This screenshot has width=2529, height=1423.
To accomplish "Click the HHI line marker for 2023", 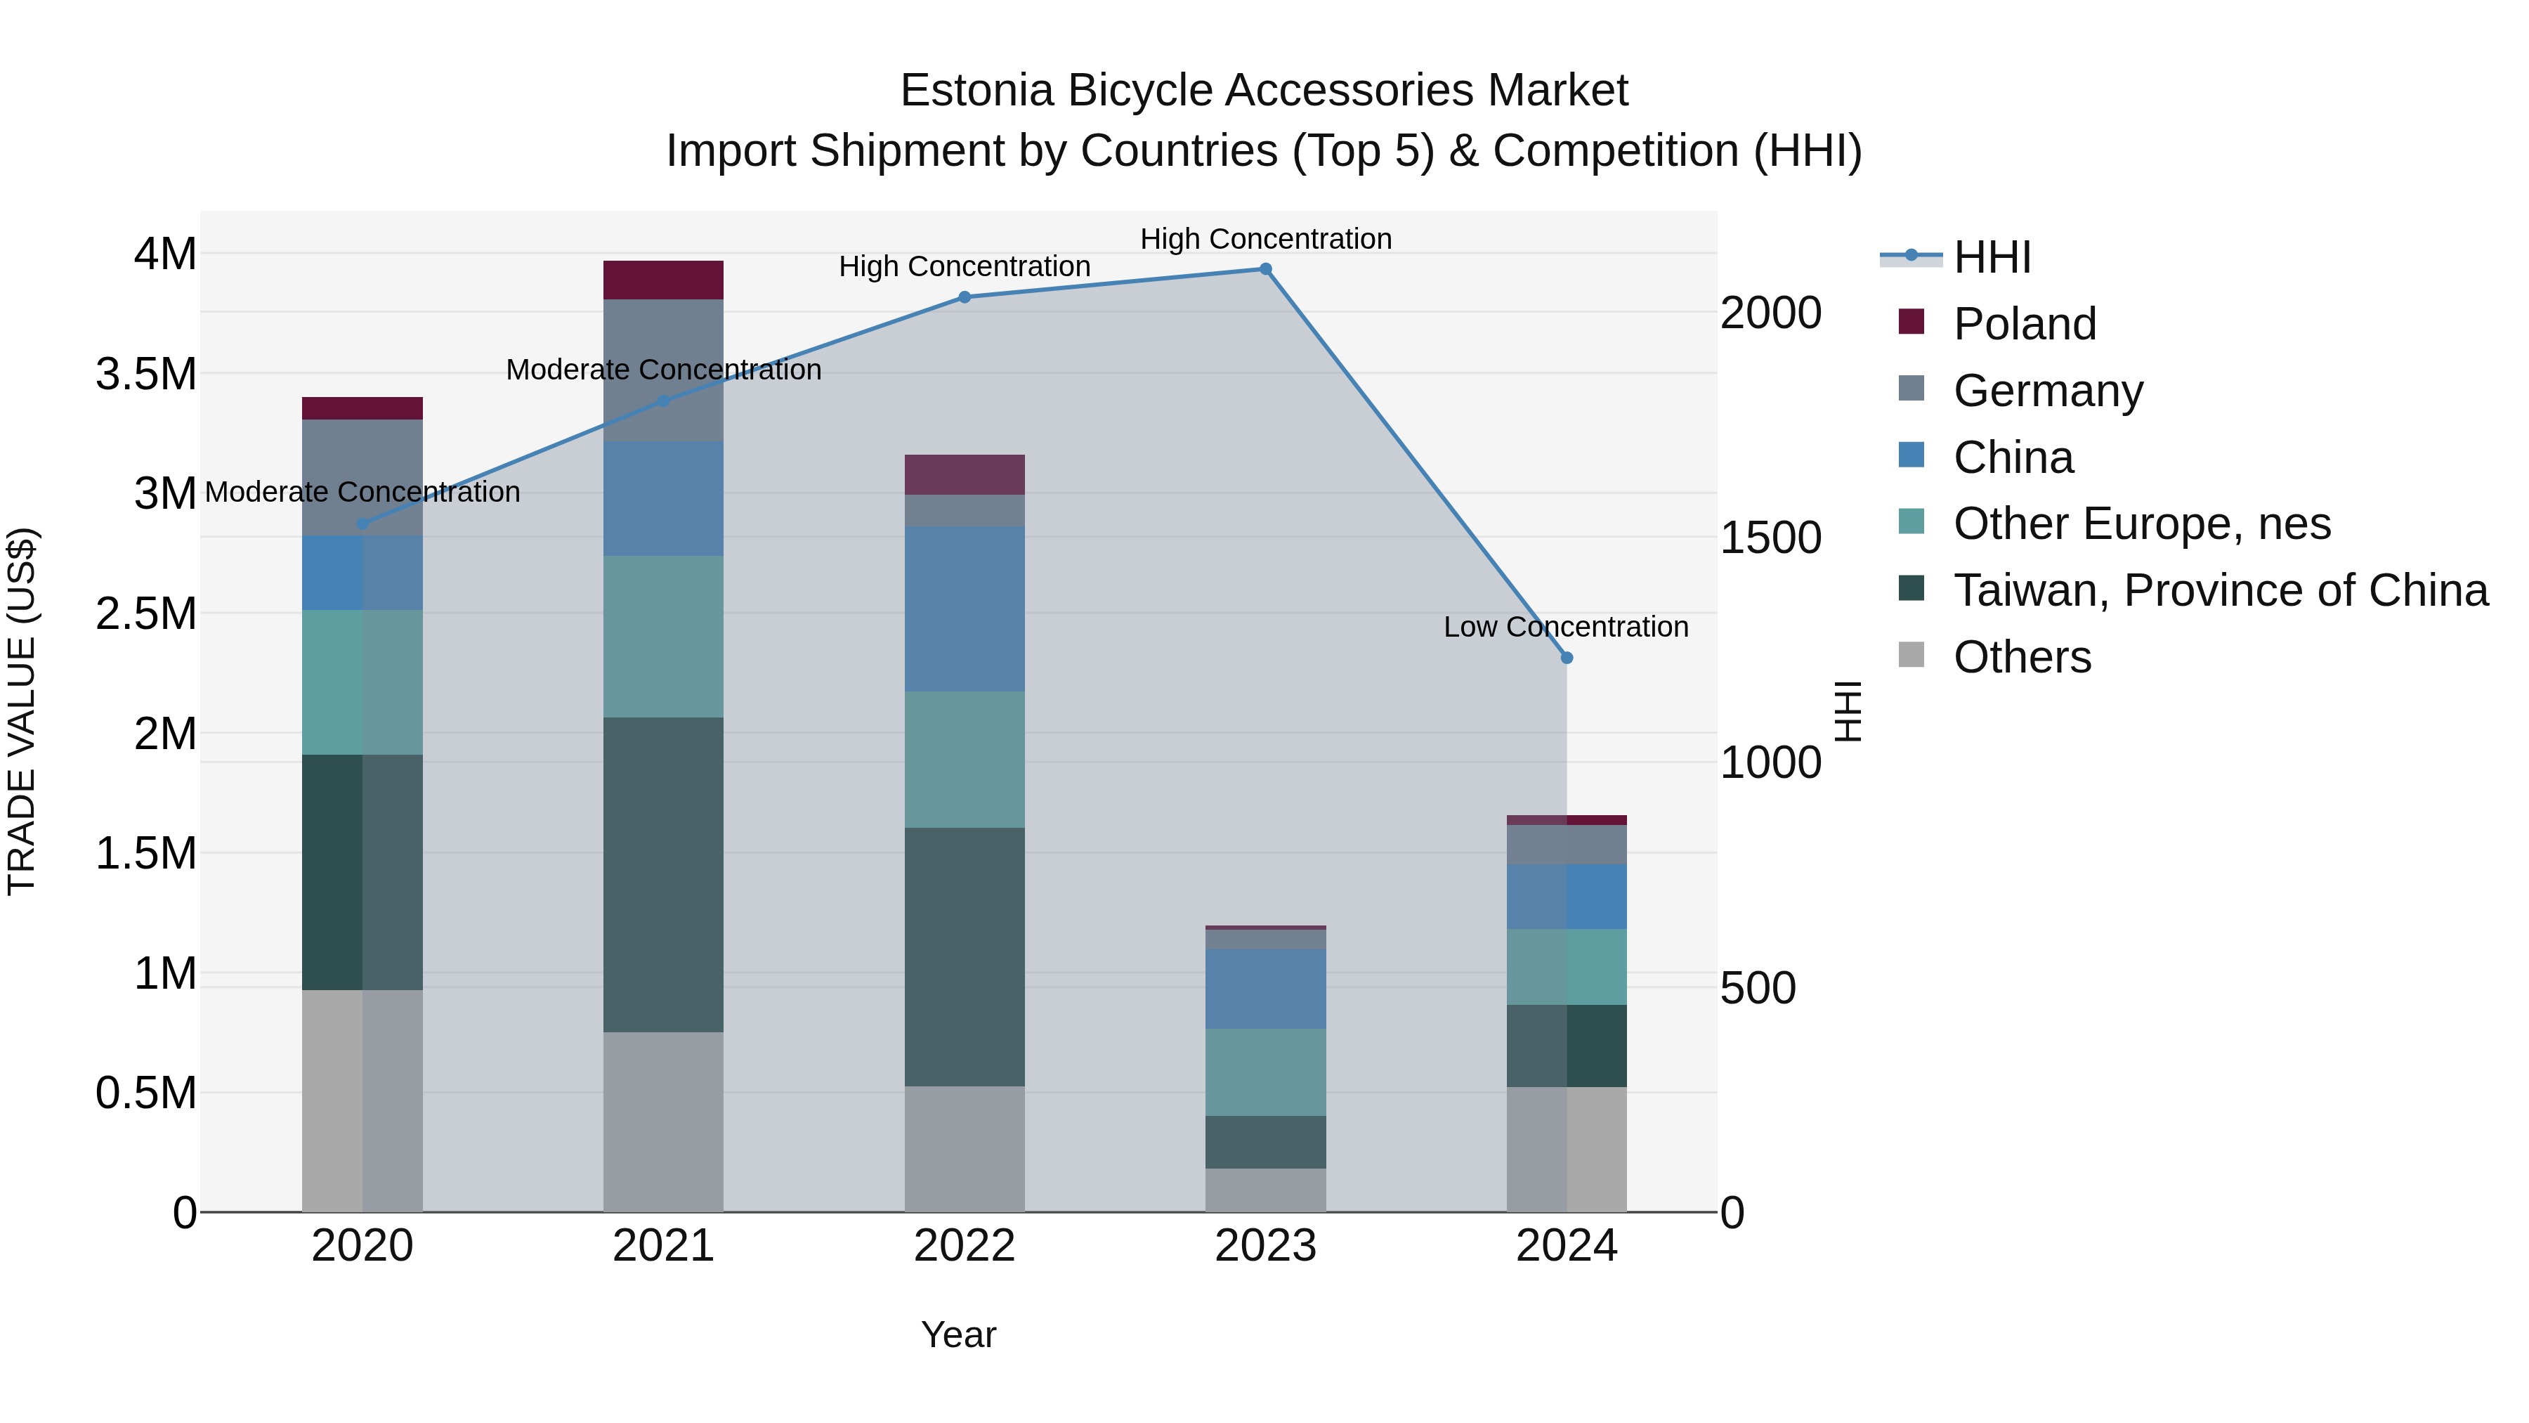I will (1265, 269).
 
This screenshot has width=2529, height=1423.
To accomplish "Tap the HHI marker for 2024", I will (1567, 658).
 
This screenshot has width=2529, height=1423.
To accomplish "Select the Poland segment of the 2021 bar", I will (662, 280).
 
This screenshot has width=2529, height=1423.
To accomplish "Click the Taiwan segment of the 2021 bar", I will (662, 874).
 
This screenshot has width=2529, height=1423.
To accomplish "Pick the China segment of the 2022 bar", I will (964, 609).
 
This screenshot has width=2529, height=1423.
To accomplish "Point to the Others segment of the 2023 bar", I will (1265, 1190).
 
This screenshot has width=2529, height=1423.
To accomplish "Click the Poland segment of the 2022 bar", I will (964, 474).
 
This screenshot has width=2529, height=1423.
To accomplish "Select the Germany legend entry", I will (2047, 391).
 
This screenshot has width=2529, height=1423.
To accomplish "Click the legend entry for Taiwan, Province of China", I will (2218, 590).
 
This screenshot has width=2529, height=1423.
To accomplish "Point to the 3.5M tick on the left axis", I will (145, 374).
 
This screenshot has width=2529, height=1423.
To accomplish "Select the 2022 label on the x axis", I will (964, 1246).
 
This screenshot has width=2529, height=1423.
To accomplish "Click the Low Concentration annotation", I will (1566, 627).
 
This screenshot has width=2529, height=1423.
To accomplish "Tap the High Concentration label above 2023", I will (1265, 239).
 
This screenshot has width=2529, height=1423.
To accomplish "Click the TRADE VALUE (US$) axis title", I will (22, 711).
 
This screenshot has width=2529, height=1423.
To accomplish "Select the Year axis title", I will (958, 1334).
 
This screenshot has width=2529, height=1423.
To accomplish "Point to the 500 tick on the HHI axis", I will (1758, 988).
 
